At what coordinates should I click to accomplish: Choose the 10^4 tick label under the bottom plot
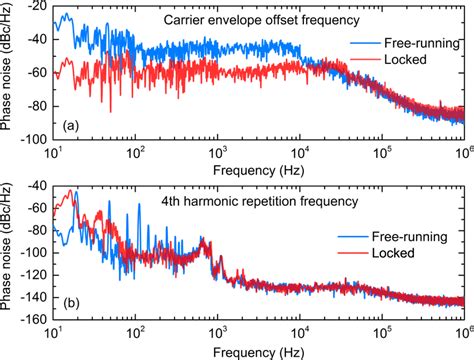(x=299, y=332)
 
